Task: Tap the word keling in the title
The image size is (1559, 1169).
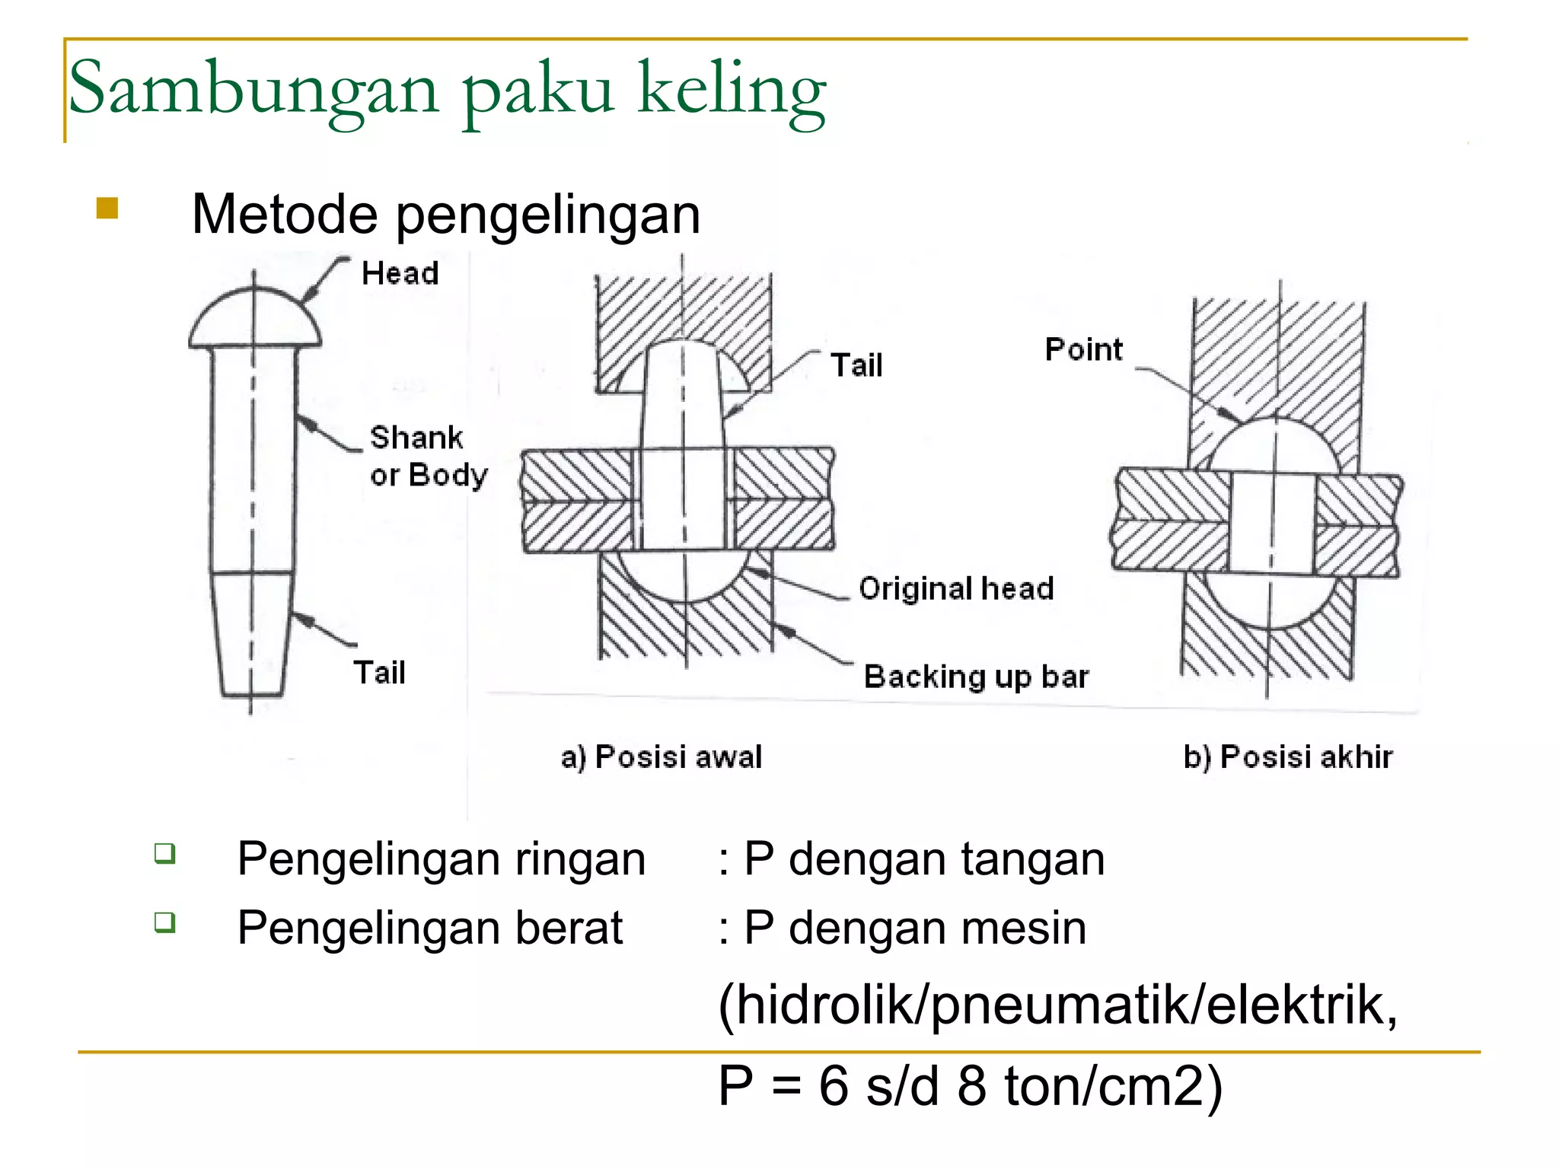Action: (732, 93)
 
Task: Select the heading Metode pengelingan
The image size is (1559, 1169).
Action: (445, 215)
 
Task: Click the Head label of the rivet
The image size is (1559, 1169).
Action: (400, 273)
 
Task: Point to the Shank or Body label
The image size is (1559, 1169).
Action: (429, 456)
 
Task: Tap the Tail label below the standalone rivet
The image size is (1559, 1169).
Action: (379, 673)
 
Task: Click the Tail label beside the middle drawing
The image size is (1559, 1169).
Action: (856, 365)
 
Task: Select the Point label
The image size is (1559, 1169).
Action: (1083, 349)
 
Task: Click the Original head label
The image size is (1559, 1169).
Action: (956, 588)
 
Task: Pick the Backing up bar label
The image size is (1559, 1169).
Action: (976, 677)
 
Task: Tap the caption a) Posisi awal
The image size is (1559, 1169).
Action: (662, 757)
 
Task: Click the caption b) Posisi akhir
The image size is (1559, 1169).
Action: (1288, 757)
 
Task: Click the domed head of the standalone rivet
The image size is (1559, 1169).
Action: (254, 320)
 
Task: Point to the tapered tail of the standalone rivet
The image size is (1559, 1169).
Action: (252, 634)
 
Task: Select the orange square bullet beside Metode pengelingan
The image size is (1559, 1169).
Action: (107, 208)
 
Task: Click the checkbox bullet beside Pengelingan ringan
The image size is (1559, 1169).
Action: (164, 853)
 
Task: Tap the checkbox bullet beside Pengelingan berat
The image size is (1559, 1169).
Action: (164, 922)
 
